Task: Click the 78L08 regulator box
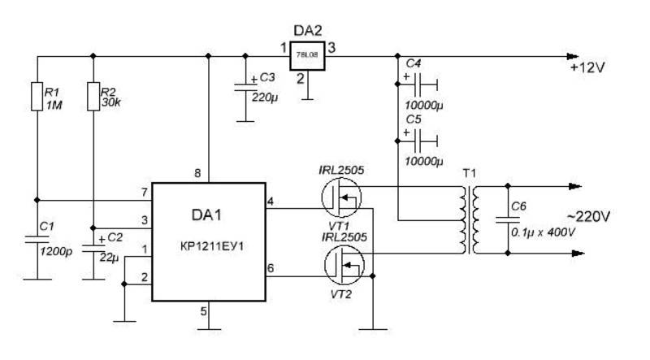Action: tap(307, 55)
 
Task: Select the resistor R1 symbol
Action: tap(37, 96)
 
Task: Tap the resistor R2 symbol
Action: tap(93, 96)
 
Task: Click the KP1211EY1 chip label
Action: tap(212, 246)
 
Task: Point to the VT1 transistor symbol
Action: tap(341, 197)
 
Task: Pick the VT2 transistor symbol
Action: tap(344, 266)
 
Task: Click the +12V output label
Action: tap(587, 67)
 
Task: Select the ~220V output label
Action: tap(588, 216)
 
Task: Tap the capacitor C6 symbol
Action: tap(508, 219)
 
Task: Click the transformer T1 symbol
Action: tap(469, 219)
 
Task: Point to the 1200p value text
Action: tap(56, 251)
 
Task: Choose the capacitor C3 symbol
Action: tap(245, 87)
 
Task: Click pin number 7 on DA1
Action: tap(145, 193)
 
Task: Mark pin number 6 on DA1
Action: tap(271, 268)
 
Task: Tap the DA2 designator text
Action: tap(308, 31)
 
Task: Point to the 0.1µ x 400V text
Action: tap(543, 232)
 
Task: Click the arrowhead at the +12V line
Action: tap(573, 56)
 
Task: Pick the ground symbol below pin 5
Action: tap(209, 330)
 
